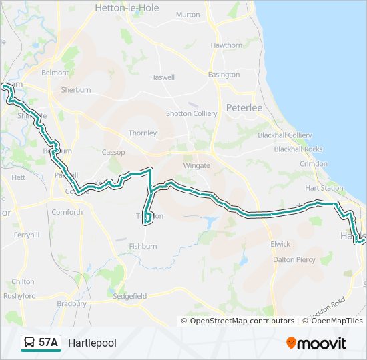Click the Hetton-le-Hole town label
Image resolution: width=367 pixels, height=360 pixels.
[125, 9]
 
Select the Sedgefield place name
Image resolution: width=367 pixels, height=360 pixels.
[129, 295]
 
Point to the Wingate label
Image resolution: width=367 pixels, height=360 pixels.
[196, 165]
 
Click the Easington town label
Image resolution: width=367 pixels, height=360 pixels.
[224, 75]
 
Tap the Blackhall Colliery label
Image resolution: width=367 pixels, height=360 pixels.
[284, 135]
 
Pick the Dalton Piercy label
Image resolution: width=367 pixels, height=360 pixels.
[294, 259]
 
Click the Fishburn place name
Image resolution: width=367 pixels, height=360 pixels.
[143, 246]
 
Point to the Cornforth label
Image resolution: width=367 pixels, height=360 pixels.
[67, 212]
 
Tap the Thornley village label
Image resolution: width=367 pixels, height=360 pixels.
[142, 133]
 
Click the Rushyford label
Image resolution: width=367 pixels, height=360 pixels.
[19, 295]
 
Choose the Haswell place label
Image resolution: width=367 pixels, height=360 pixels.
[162, 77]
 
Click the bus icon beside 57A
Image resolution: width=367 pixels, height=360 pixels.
[29, 343]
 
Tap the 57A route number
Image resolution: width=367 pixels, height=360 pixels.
[49, 343]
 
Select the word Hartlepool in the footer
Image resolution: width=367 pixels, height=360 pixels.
[92, 343]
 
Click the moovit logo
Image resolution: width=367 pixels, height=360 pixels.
[316, 343]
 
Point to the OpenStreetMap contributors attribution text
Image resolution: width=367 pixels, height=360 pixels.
[242, 321]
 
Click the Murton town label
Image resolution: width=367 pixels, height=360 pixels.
[188, 15]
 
